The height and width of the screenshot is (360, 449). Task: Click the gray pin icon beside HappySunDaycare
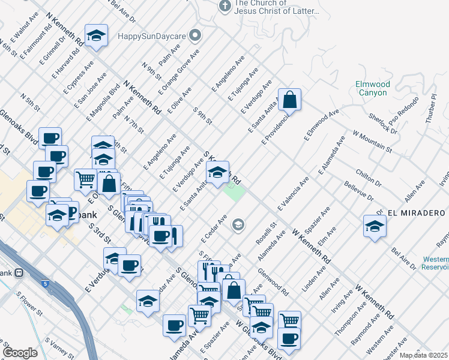194,36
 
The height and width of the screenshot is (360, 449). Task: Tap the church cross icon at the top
225,7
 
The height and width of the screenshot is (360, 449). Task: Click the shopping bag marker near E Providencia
289,101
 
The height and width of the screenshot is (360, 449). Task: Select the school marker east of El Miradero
375,227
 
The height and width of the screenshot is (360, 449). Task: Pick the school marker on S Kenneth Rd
217,173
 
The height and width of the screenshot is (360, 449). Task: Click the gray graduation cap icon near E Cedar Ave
238,225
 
